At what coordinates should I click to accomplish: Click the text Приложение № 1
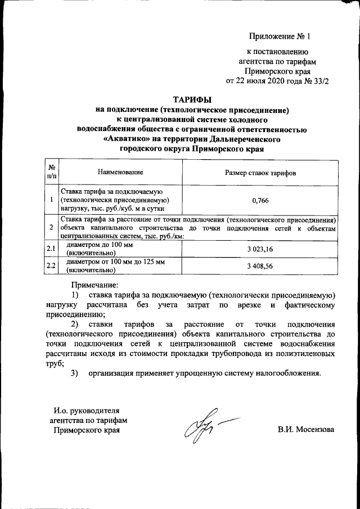(280, 37)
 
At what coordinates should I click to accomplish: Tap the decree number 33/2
(318, 80)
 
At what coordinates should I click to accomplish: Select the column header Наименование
(120, 172)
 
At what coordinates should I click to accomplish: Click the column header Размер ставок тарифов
(260, 172)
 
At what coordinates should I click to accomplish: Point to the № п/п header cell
(51, 172)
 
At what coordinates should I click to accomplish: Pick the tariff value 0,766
(260, 200)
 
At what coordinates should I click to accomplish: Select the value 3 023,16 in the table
(260, 249)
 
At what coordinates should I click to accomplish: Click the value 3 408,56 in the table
(260, 266)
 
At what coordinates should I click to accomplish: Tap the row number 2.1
(51, 249)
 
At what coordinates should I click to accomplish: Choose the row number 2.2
(51, 266)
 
